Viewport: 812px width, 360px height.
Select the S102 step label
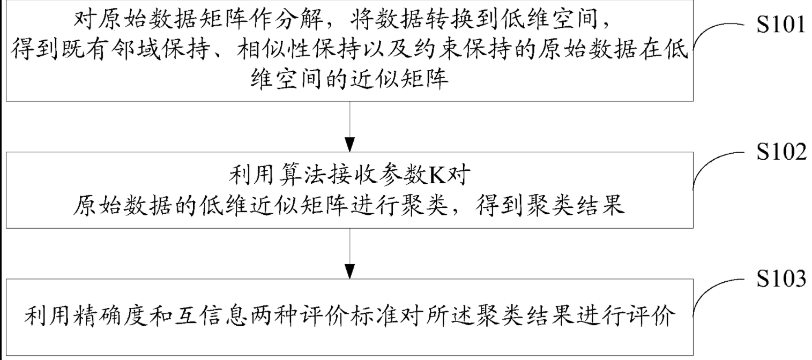pyautogui.click(x=780, y=154)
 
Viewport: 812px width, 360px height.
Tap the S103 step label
pyautogui.click(x=780, y=280)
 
